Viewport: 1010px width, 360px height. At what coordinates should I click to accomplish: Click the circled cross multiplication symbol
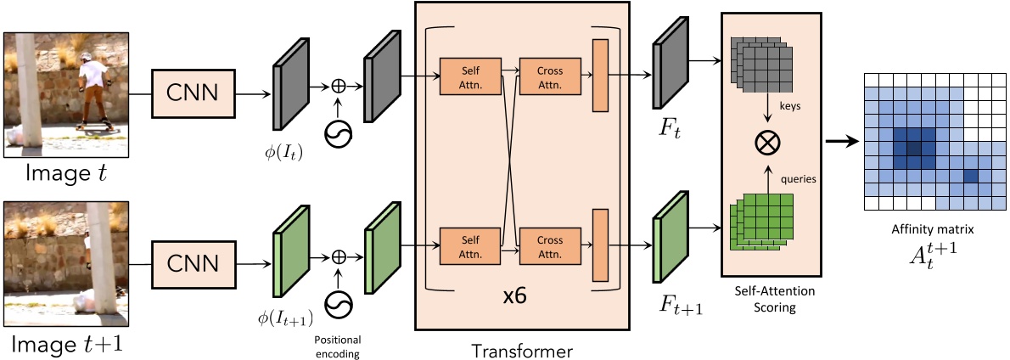(767, 143)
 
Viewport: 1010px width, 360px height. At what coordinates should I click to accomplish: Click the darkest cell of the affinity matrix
(913, 149)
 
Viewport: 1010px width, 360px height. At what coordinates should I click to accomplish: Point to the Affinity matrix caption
(927, 229)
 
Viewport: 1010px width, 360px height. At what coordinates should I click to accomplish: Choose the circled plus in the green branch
(338, 256)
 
